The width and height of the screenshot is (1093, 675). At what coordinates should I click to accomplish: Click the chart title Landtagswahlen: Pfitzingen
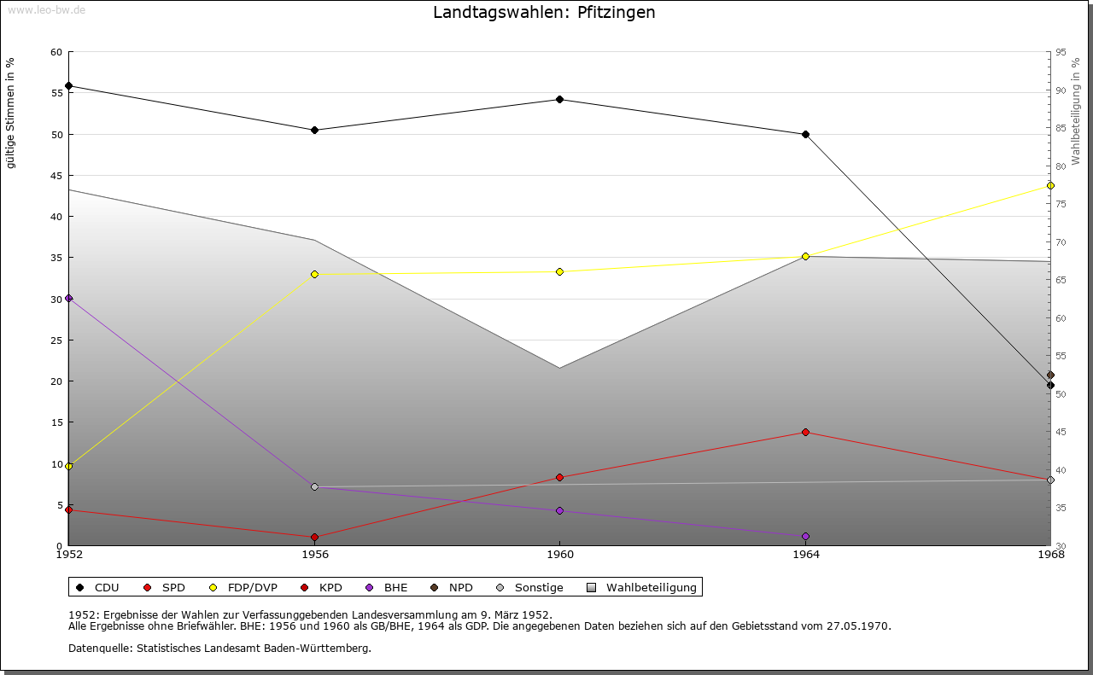(x=544, y=12)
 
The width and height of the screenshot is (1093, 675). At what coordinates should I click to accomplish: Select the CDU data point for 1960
(x=559, y=100)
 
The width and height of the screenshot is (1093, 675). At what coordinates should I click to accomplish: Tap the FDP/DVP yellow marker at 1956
(x=315, y=275)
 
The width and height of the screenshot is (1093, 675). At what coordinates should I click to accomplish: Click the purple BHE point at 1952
(x=69, y=299)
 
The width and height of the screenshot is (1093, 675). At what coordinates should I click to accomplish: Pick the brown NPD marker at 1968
(x=1050, y=375)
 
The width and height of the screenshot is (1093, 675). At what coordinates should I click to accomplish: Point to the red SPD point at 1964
(x=805, y=432)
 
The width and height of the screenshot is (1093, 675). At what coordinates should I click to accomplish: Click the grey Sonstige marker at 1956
(x=315, y=486)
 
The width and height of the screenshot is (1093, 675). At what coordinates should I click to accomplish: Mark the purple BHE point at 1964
(x=805, y=537)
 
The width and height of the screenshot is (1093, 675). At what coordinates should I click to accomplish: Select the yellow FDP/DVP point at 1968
(x=1050, y=186)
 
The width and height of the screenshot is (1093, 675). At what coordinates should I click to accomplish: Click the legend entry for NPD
(x=452, y=587)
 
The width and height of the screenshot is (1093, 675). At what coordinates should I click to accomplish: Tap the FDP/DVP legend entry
(x=243, y=587)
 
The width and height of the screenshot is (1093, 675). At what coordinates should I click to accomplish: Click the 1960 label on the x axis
(x=560, y=555)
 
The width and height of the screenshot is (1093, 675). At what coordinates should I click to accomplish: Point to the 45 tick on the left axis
(x=56, y=176)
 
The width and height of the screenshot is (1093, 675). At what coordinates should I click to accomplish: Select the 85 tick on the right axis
(x=1061, y=128)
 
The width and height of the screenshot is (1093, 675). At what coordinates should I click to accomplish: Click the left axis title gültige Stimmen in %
(x=10, y=113)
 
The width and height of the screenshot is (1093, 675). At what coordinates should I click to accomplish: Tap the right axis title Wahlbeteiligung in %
(x=1075, y=111)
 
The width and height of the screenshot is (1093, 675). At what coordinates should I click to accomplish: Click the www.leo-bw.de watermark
(x=46, y=10)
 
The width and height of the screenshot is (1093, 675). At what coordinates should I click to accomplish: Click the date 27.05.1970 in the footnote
(x=858, y=626)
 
